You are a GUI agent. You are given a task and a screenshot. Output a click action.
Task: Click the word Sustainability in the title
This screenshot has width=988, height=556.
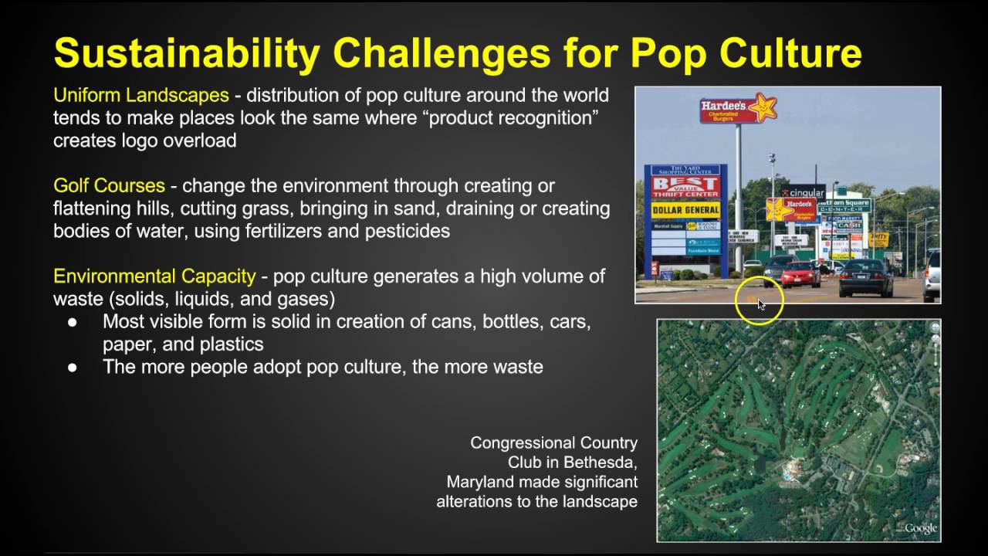186,54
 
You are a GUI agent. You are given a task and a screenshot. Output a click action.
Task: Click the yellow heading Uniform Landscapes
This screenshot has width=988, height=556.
140,96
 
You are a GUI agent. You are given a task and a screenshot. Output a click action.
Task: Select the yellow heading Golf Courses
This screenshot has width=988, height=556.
109,186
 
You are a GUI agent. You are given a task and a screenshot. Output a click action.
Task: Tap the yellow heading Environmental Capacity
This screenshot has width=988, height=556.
154,276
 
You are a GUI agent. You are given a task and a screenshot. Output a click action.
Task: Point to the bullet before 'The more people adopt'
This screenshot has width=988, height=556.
73,368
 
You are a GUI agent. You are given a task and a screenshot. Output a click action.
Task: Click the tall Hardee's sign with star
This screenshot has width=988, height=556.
737,110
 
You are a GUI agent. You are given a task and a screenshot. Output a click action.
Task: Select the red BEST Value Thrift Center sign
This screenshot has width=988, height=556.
685,185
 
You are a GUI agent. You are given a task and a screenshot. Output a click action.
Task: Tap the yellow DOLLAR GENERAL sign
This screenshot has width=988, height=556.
685,210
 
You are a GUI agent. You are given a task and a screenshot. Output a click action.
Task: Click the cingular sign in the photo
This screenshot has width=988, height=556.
803,193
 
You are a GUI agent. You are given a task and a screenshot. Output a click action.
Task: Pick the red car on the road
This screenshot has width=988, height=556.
800,273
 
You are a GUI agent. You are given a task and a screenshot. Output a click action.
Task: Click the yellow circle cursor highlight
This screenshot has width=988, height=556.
760,301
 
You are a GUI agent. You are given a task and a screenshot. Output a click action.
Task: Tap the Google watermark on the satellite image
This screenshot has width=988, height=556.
919,528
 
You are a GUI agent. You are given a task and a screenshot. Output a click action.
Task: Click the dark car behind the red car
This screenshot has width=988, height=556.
865,277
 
